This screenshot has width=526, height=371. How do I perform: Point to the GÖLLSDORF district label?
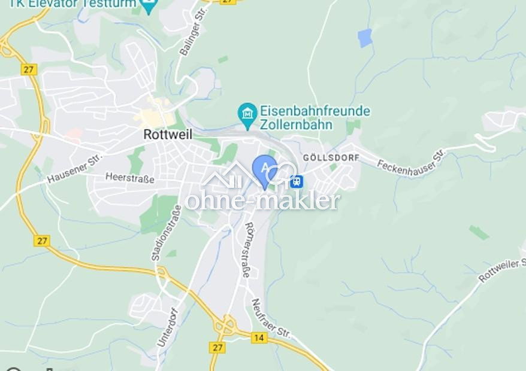pyautogui.click(x=331, y=157)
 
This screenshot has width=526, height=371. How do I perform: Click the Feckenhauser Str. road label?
pyautogui.click(x=412, y=162)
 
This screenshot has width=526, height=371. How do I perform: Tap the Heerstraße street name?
pyautogui.click(x=130, y=178)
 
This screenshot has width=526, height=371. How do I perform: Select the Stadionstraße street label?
pyautogui.click(x=158, y=233)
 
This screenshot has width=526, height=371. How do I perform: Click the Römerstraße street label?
pyautogui.click(x=246, y=250)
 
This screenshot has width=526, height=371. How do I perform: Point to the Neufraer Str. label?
pyautogui.click(x=271, y=319)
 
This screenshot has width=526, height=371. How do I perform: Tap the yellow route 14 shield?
pyautogui.click(x=259, y=337)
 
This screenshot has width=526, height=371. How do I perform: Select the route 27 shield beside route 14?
pyautogui.click(x=217, y=347)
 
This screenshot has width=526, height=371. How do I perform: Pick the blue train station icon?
pyautogui.click(x=296, y=181)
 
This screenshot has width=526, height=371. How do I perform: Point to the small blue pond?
pyautogui.click(x=365, y=38)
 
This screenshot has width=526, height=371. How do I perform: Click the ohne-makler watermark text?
pyautogui.click(x=262, y=201)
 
